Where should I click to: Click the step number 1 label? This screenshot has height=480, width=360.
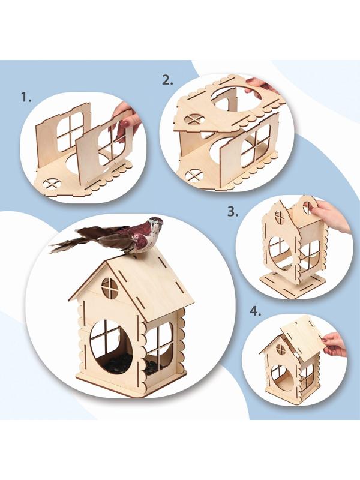pos(26,97)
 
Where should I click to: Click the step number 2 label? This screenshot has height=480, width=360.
pos(167,80)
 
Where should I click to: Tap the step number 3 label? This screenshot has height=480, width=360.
pos(233,212)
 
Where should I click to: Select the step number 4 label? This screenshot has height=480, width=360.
pos(256,311)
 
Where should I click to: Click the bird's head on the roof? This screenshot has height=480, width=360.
pos(155,221)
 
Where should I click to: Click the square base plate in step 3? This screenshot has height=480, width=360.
pos(289,281)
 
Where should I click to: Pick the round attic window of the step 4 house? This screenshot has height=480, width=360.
pos(280,349)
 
